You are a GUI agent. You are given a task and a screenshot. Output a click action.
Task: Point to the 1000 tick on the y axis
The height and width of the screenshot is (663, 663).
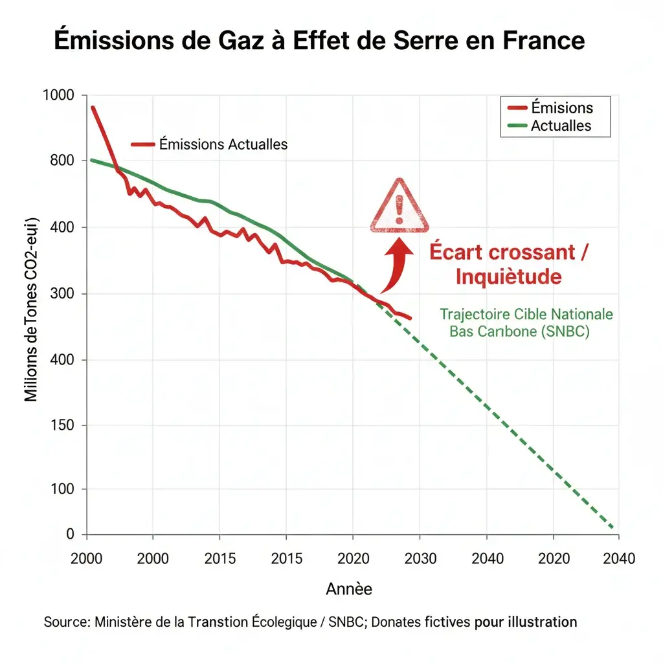coord(58,95)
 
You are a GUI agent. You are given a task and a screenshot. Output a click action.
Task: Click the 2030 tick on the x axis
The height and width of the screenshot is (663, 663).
coord(420,558)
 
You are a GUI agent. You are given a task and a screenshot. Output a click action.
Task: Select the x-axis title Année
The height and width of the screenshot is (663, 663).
coord(349,589)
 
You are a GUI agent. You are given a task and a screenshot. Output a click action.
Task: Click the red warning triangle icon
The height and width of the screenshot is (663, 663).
coord(399,208)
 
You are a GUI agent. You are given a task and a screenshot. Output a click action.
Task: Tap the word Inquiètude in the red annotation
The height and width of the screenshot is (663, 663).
coord(508,276)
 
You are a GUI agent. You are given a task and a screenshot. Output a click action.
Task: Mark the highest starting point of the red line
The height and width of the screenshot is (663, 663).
coord(93,107)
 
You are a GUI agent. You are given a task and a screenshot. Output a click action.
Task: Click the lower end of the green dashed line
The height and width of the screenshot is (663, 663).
coord(612,526)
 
